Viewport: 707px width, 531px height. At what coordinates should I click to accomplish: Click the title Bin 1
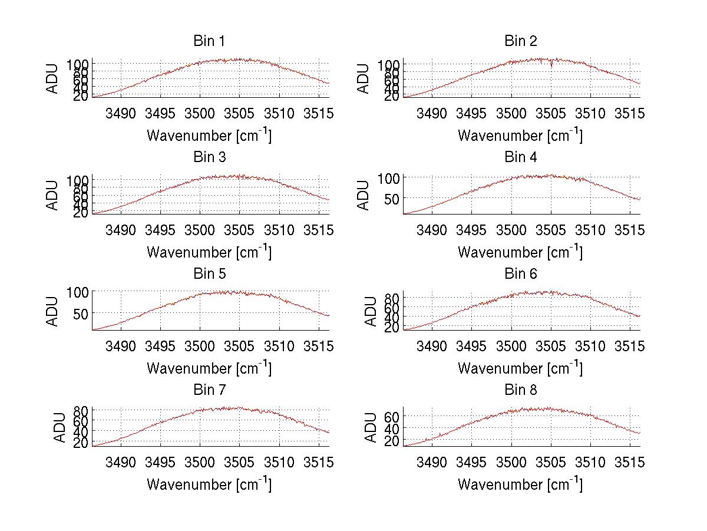click(x=209, y=41)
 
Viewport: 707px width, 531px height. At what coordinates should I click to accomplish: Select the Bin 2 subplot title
click(x=521, y=41)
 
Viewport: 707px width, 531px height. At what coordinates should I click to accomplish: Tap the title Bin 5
click(x=209, y=274)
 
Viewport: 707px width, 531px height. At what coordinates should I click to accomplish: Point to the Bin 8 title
click(x=521, y=390)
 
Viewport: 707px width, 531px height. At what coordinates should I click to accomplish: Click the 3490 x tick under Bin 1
click(x=120, y=113)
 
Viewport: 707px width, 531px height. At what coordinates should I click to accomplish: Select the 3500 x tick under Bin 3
click(x=200, y=229)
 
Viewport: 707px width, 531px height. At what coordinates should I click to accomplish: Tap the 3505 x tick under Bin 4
click(x=550, y=229)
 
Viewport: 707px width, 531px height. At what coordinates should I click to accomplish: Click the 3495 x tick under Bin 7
click(x=160, y=462)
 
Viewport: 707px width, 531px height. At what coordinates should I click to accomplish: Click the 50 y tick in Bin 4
click(x=393, y=199)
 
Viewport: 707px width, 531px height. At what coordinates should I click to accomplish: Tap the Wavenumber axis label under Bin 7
click(x=209, y=484)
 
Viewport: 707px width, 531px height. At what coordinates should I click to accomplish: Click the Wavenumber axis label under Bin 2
click(x=520, y=135)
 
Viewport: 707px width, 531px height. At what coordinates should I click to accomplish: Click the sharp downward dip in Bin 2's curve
click(x=551, y=66)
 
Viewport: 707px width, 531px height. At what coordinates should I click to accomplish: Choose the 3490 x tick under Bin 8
click(x=431, y=462)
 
